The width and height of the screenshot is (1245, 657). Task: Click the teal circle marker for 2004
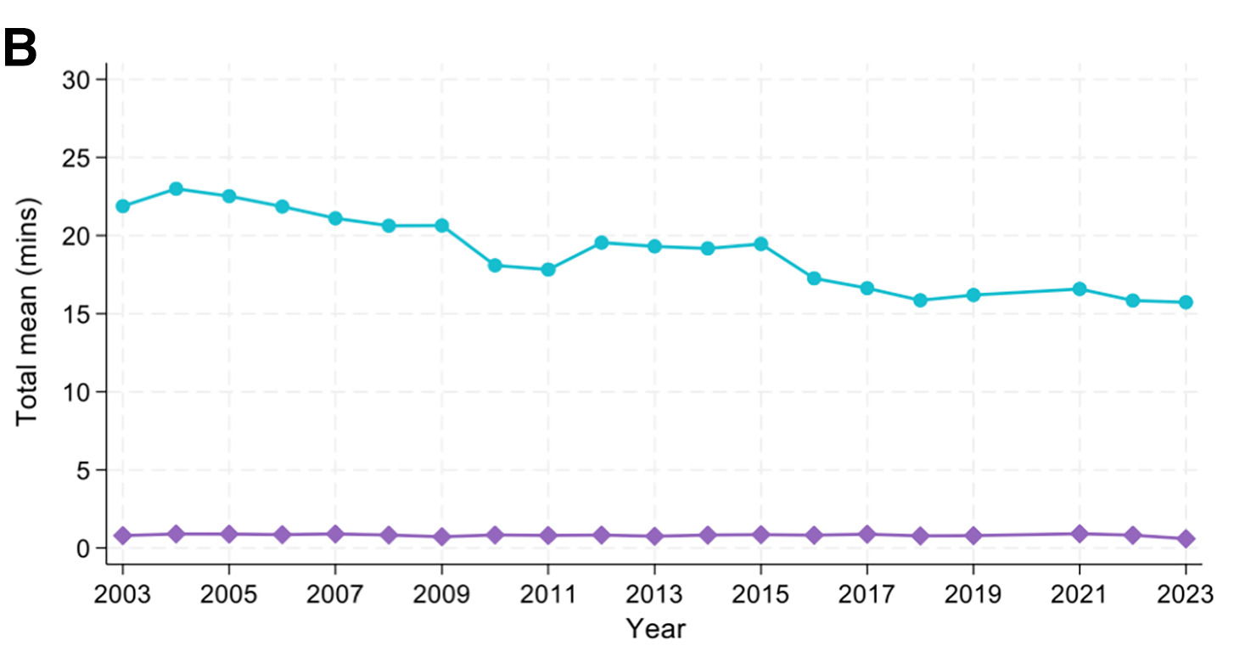176,188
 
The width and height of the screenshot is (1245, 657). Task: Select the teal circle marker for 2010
495,265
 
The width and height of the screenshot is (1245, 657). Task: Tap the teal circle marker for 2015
760,244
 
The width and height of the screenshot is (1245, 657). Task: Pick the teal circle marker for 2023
1186,302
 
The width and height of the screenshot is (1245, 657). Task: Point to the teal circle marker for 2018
920,300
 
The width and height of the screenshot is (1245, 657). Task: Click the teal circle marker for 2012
601,243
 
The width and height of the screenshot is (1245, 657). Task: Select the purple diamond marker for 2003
123,536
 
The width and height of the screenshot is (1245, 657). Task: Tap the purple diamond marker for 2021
1080,534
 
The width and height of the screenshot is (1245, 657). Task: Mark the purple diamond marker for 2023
1186,538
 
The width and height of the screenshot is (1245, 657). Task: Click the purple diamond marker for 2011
548,536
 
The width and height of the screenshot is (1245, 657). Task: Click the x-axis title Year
655,629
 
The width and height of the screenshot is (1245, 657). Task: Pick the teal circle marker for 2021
1080,289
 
